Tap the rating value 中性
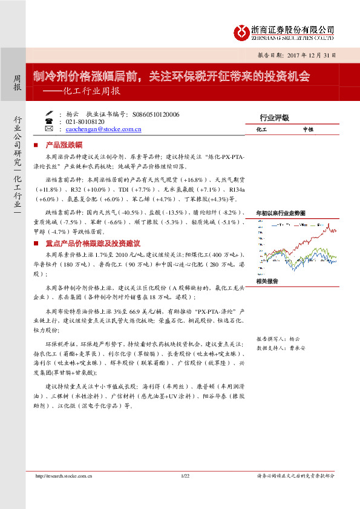coord(308,130)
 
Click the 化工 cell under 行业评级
coord(262,130)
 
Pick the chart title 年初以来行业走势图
coord(280,213)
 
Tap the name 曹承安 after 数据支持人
coord(298,348)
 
